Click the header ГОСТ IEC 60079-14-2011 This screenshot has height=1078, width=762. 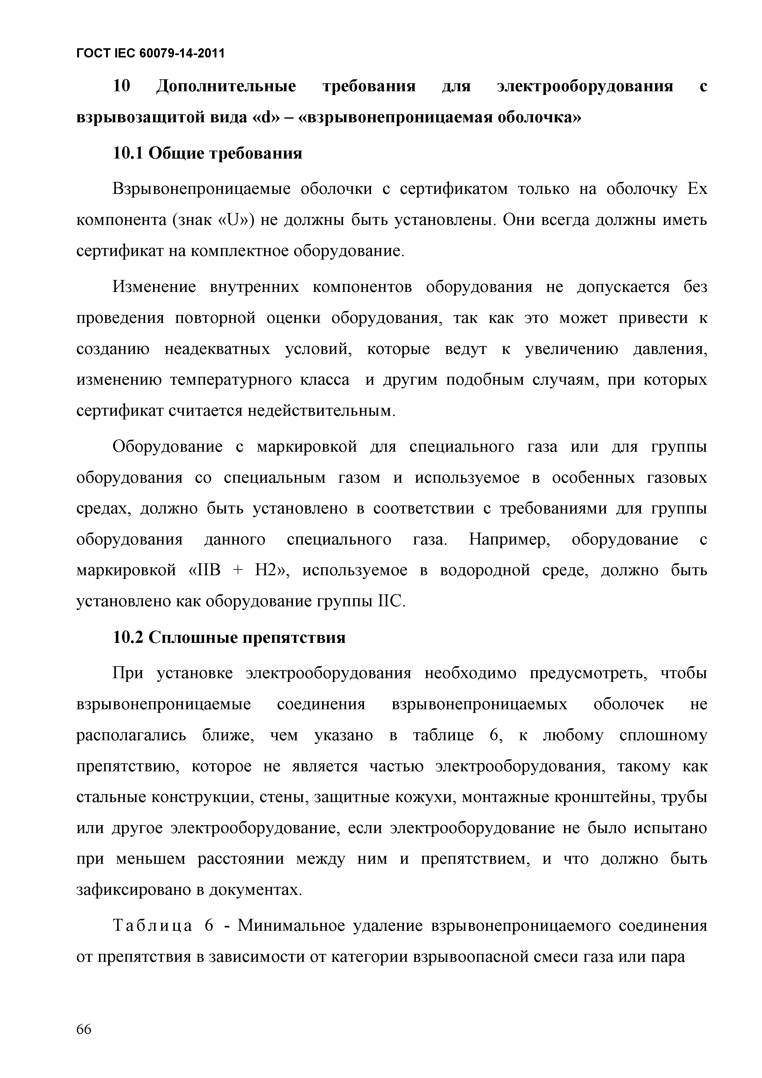click(x=150, y=53)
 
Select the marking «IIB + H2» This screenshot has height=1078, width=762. click(x=240, y=570)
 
